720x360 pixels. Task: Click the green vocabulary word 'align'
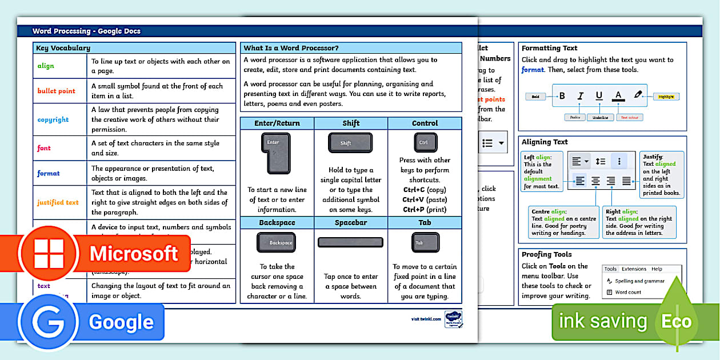46,66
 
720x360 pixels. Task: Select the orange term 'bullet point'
56,91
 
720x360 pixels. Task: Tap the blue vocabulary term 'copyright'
53,119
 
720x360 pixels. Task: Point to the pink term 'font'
44,148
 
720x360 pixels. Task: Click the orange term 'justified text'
58,202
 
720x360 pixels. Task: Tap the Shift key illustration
350,143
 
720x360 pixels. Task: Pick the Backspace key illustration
276,242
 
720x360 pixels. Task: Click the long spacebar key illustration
350,242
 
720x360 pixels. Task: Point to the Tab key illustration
425,242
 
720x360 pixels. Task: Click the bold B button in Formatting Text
562,96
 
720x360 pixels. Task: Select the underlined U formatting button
599,96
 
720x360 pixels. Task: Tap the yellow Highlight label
666,97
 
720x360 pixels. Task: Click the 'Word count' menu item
627,292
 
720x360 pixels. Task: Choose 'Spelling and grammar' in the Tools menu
639,281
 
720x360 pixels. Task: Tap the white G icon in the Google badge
48,322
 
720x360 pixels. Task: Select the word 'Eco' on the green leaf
677,321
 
